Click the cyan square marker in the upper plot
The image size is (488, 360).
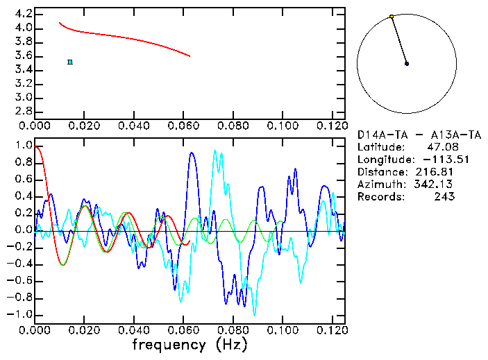[70, 62]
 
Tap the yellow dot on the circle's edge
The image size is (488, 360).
[392, 17]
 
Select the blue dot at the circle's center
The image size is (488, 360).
[407, 63]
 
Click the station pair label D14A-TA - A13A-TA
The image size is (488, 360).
[407, 134]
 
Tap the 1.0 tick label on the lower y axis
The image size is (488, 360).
[24, 146]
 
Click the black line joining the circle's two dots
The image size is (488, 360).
[399, 40]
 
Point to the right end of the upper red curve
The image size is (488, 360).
[190, 56]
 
